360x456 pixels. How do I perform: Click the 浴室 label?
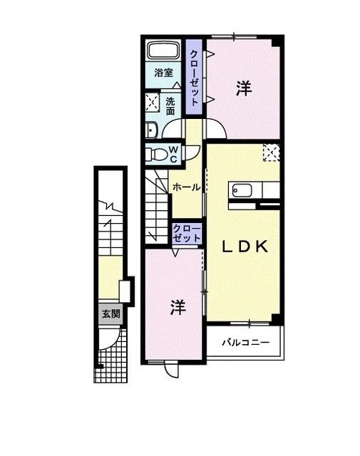pos(163,73)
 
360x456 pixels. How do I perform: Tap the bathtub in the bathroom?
pos(163,52)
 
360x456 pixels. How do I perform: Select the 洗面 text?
pos(170,106)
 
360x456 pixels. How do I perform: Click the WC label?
pos(173,154)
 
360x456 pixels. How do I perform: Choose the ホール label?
pos(185,187)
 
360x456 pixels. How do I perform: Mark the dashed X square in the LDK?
pos(272,152)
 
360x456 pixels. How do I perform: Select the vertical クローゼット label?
pos(193,76)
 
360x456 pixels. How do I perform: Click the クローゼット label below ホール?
pos(186,233)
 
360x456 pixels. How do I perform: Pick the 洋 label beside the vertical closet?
pos(245,88)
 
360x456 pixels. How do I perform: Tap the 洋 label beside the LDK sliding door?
pos(178,307)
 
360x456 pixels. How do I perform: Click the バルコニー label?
pos(245,343)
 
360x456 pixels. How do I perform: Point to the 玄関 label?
pos(110,313)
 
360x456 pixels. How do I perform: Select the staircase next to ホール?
pos(157,207)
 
